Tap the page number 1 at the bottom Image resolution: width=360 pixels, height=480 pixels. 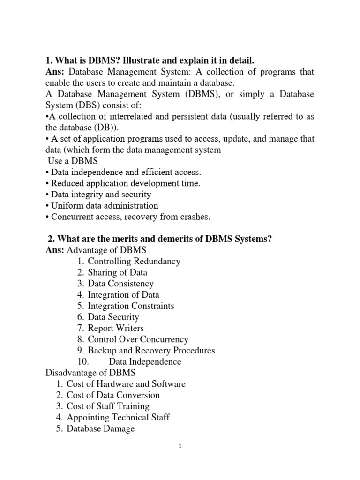coord(180,446)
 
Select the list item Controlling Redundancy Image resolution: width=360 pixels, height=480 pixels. coord(134,261)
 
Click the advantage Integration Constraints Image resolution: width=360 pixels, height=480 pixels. coord(131,306)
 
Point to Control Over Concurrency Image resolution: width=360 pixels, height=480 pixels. coord(138,339)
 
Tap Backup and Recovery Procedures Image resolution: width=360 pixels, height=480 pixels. coord(151,351)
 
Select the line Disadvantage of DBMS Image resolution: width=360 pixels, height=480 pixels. coord(90,373)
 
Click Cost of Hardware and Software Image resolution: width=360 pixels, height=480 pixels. coord(126,384)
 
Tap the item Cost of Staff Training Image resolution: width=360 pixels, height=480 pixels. coord(108,406)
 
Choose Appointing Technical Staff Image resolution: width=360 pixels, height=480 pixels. coord(118,417)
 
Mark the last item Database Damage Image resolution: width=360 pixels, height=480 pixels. coord(101,428)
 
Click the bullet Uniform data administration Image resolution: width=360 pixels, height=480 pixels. coord(105,205)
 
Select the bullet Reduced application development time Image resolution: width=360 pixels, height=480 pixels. coord(126,183)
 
